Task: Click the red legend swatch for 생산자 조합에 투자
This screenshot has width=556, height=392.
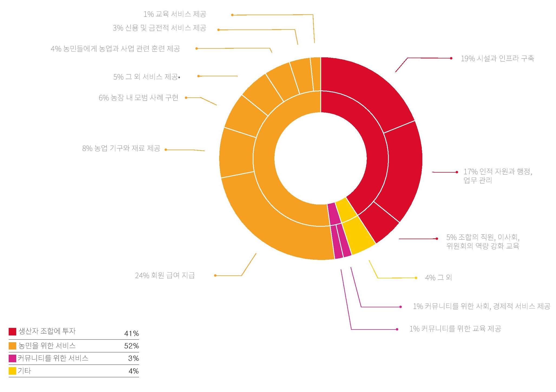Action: click(x=12, y=331)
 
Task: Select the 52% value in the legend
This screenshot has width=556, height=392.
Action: click(x=131, y=346)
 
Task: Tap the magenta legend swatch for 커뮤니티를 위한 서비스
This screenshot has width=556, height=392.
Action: click(x=12, y=358)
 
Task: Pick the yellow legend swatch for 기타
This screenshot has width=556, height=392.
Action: click(x=12, y=371)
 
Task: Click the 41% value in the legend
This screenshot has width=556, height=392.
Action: click(x=131, y=333)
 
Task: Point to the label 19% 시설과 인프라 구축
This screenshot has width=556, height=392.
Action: click(x=497, y=58)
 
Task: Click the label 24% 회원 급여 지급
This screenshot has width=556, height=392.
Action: click(x=165, y=275)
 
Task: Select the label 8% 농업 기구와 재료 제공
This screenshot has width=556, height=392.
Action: click(x=121, y=148)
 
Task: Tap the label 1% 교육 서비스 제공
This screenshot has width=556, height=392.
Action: click(x=175, y=14)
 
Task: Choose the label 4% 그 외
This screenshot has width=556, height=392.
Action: click(x=438, y=278)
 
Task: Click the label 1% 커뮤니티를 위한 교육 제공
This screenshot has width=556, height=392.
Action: click(x=455, y=329)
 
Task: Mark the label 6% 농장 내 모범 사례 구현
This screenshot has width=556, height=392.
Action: click(x=139, y=98)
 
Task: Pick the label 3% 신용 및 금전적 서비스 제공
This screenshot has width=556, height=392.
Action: click(x=160, y=28)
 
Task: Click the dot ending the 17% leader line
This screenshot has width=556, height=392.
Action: click(x=457, y=172)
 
